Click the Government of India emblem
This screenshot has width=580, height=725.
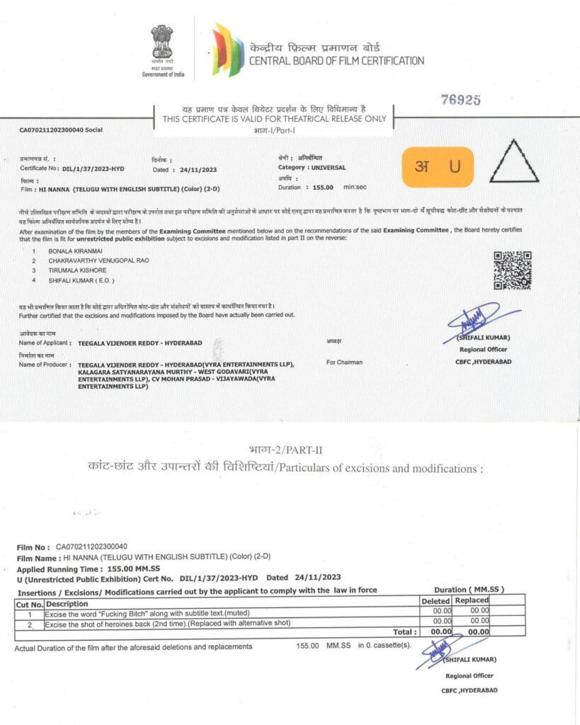[x=161, y=44]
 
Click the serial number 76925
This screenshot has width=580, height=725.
[x=461, y=100]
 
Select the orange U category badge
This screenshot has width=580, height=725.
[x=437, y=167]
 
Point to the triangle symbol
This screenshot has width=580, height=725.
[x=514, y=162]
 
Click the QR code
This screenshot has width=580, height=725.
[x=512, y=270]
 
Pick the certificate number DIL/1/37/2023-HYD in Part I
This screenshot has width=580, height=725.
[x=94, y=170]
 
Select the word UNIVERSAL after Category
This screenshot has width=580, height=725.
[x=326, y=167]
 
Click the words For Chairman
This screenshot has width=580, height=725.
[x=344, y=362]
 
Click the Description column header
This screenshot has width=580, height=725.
[x=67, y=603]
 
